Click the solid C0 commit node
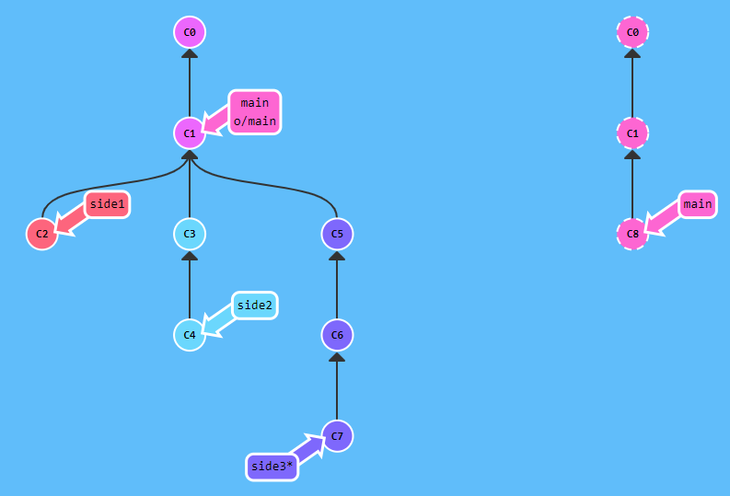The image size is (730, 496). (190, 32)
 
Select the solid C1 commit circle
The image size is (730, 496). (190, 133)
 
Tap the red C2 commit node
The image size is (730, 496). (42, 234)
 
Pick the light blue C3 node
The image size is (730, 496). (190, 234)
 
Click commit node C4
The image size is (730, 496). (190, 334)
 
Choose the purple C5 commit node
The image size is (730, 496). (337, 234)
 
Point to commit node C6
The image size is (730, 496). (337, 334)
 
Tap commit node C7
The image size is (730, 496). (337, 435)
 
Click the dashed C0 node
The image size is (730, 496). (632, 32)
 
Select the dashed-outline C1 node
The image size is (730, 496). (632, 133)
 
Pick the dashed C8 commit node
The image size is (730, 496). (632, 234)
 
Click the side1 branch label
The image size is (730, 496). (107, 204)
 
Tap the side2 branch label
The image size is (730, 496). (254, 306)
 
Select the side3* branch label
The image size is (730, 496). (272, 467)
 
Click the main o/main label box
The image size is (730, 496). (254, 112)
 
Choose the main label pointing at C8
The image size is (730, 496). (698, 204)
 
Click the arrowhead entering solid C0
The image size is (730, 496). (190, 54)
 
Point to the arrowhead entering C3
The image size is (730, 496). (190, 256)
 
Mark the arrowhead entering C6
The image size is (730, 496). (337, 356)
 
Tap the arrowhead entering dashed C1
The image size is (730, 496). (632, 155)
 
